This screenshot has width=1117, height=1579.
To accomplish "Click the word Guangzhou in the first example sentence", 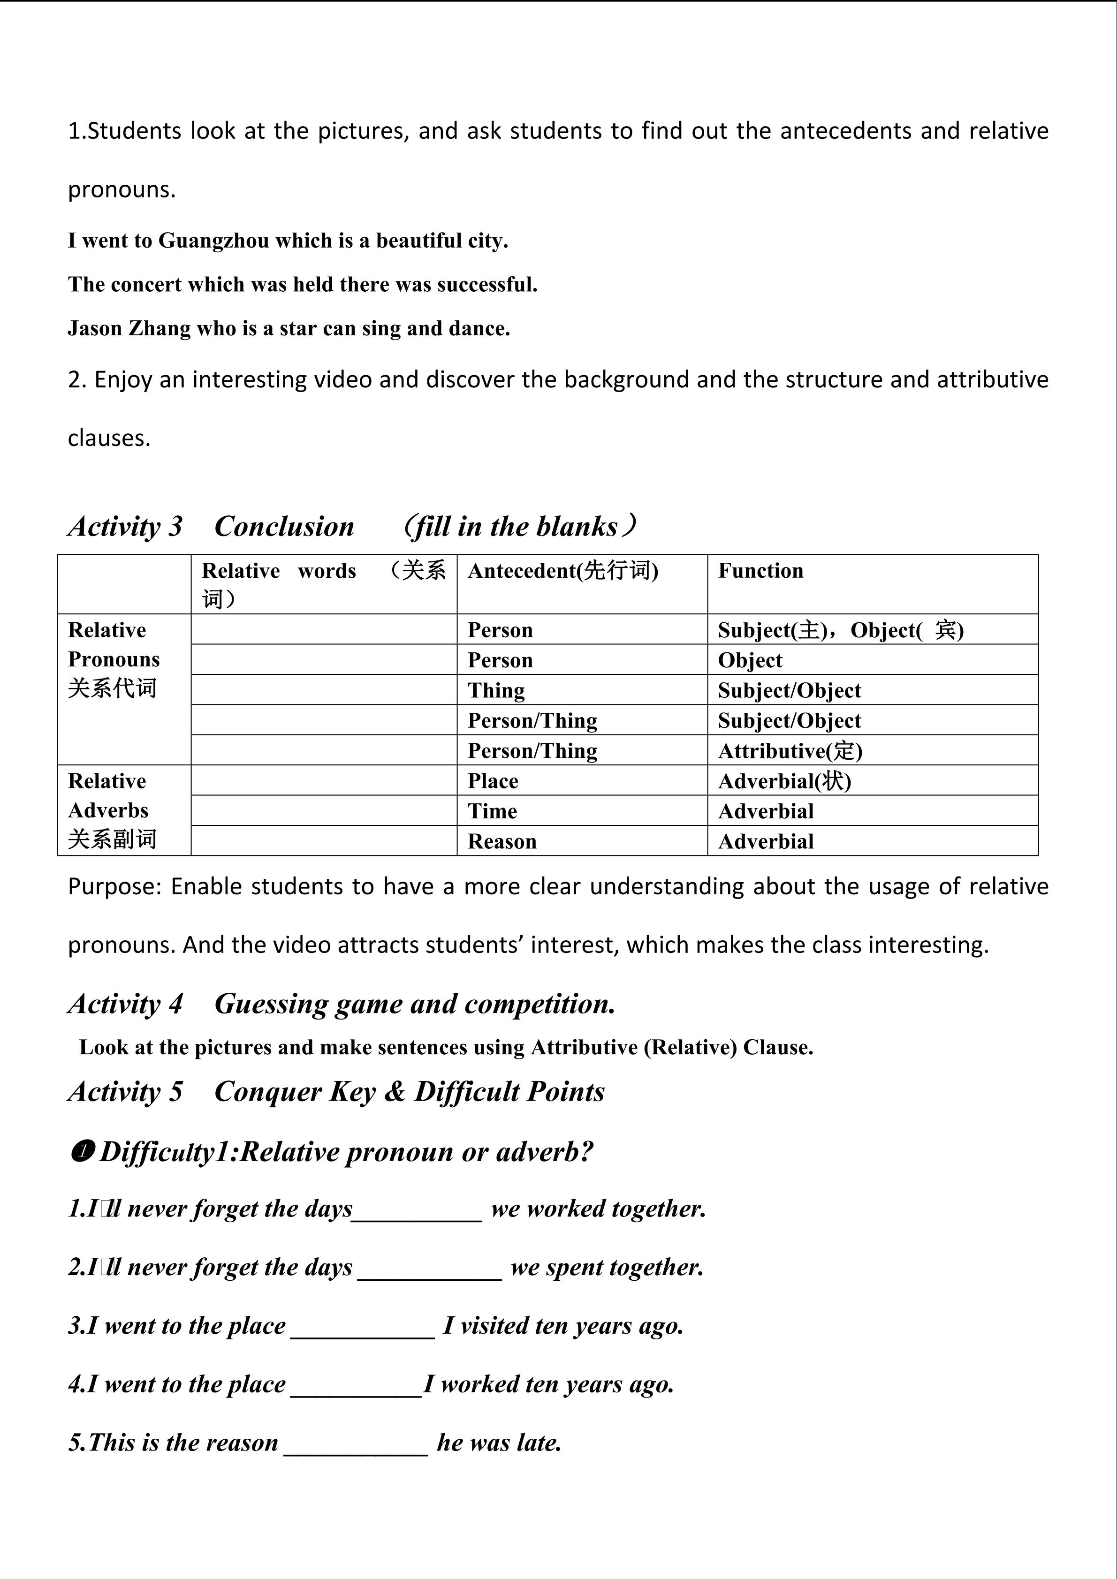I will (213, 241).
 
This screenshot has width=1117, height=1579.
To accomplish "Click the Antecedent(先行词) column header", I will (562, 570).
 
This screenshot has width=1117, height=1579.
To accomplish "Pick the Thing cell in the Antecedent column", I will (496, 690).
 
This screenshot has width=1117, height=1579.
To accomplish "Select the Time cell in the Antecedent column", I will (492, 811).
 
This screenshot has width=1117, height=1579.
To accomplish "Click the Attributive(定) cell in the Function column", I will (790, 750).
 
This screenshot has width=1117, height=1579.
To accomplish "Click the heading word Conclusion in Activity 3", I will (284, 526).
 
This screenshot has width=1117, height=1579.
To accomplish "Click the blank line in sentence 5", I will (356, 1444).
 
